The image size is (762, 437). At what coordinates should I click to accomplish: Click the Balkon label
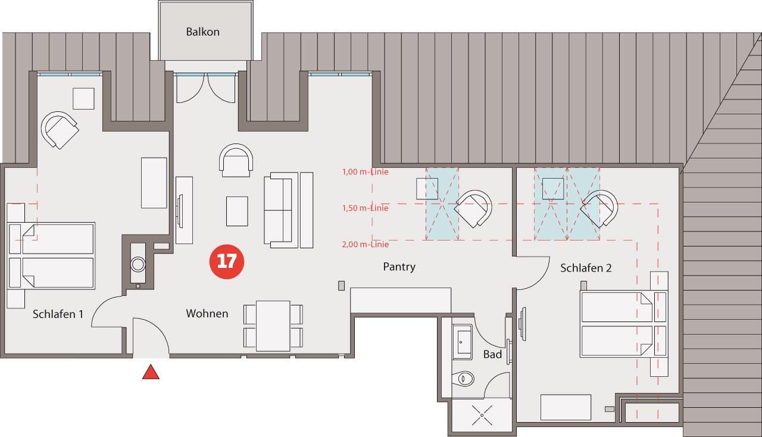tap(202, 32)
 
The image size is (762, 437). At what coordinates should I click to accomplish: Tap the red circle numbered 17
tap(227, 262)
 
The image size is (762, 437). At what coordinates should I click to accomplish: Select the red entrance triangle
tap(151, 372)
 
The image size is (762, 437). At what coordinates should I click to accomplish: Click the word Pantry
tap(399, 267)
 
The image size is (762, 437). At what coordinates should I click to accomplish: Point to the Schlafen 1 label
tap(58, 314)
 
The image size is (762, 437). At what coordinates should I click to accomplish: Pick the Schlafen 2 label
tap(586, 268)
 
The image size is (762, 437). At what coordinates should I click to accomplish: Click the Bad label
tap(492, 355)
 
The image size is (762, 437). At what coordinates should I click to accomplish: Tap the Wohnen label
tap(207, 313)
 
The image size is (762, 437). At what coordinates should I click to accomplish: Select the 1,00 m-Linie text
tap(365, 172)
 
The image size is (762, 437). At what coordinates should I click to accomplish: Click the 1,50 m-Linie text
tap(365, 208)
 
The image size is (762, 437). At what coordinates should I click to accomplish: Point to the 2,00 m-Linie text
tap(365, 244)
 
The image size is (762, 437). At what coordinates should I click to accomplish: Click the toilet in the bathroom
tap(464, 378)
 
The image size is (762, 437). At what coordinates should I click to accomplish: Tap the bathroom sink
tap(462, 342)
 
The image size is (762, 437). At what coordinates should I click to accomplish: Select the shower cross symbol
tap(482, 415)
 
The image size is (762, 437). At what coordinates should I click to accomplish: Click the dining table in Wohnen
tap(273, 326)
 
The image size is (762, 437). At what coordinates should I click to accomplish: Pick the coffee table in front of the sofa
tap(237, 211)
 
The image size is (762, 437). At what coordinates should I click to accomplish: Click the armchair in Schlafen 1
tap(60, 130)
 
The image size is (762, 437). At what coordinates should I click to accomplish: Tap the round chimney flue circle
tap(138, 264)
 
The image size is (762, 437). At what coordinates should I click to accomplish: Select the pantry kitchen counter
tap(401, 300)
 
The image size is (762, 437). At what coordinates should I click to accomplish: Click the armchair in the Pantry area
tap(473, 208)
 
